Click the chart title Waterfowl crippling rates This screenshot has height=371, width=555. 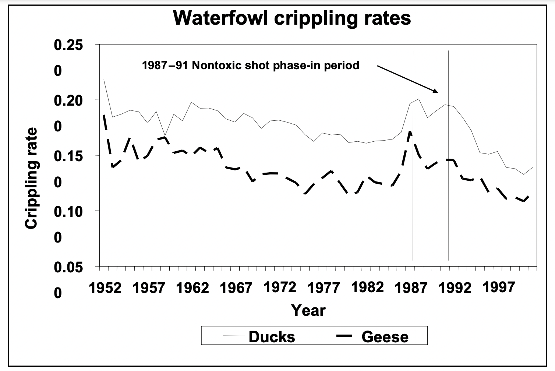pos(292,17)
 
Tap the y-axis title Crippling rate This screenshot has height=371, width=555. pos(32,179)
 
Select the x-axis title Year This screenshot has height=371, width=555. pos(308,310)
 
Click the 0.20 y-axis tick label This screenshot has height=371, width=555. pos(69,100)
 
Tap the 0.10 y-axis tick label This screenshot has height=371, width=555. pos(69,211)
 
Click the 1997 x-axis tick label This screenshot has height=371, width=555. pos(499,287)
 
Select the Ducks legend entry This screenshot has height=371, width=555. pos(272,337)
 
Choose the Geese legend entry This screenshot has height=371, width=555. pos(385,337)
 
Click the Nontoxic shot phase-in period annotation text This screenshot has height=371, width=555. pos(251,66)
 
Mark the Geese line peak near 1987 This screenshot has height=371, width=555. pos(410,131)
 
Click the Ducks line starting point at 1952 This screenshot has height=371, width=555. pos(104,79)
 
